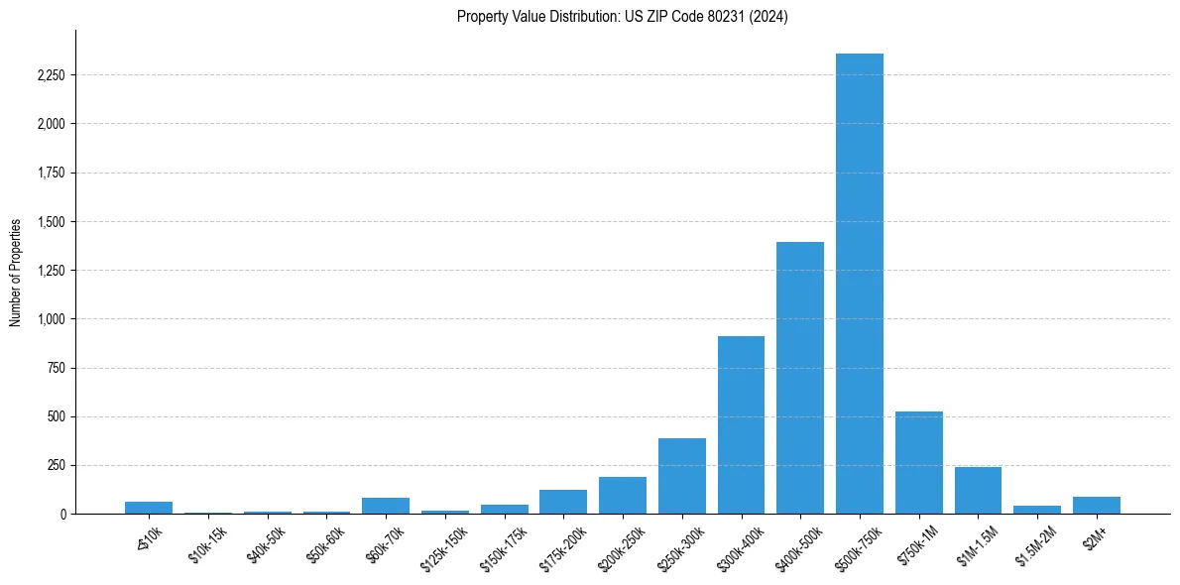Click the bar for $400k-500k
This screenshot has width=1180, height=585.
tap(800, 378)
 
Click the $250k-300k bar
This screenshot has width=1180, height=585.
tap(682, 476)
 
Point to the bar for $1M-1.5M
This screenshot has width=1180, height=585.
tap(978, 491)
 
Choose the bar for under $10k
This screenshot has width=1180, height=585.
tap(149, 508)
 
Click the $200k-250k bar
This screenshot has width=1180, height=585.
tap(623, 496)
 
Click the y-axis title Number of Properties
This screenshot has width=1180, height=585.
tap(16, 273)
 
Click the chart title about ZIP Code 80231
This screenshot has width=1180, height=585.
tap(623, 17)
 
